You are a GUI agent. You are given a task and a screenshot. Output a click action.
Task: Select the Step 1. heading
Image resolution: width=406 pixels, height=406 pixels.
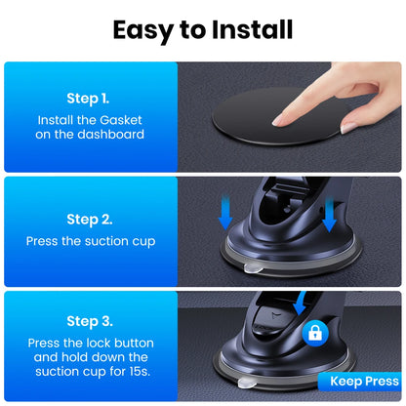tap(89, 100)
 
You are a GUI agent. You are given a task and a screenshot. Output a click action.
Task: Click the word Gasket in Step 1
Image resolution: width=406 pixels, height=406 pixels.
tap(121, 119)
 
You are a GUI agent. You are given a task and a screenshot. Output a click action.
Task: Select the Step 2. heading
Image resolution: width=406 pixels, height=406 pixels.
tap(89, 220)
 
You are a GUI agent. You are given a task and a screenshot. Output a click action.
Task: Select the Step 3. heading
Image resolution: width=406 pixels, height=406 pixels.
tap(89, 320)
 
